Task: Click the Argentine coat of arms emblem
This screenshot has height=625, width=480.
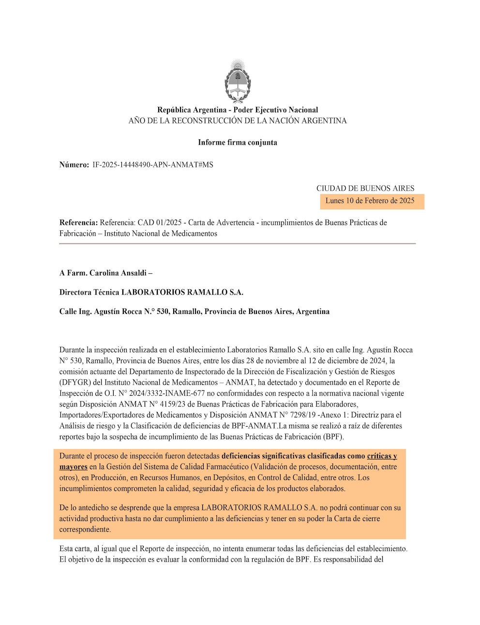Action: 238,81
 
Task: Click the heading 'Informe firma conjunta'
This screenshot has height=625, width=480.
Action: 238,142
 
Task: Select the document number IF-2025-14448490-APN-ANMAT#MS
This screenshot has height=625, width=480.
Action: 153,164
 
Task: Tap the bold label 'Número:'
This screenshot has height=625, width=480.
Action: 74,164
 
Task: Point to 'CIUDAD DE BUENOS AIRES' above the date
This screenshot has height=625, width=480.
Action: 365,188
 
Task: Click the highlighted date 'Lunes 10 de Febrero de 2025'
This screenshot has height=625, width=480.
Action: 370,201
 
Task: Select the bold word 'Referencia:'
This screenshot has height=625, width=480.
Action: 78,223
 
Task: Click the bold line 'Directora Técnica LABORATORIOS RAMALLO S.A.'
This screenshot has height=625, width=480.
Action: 151,292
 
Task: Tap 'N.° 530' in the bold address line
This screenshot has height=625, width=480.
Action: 156,312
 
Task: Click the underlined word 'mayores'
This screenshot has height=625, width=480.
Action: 73,467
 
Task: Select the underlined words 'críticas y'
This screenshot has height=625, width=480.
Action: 382,456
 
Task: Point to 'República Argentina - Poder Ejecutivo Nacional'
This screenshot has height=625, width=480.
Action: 238,110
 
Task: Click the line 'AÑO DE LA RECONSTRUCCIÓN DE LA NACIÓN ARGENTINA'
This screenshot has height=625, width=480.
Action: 238,120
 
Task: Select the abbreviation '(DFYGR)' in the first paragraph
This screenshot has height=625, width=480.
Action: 75,382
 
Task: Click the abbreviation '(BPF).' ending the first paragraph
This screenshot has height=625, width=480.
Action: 333,437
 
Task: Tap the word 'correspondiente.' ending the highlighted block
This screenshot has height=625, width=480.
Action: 85,529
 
